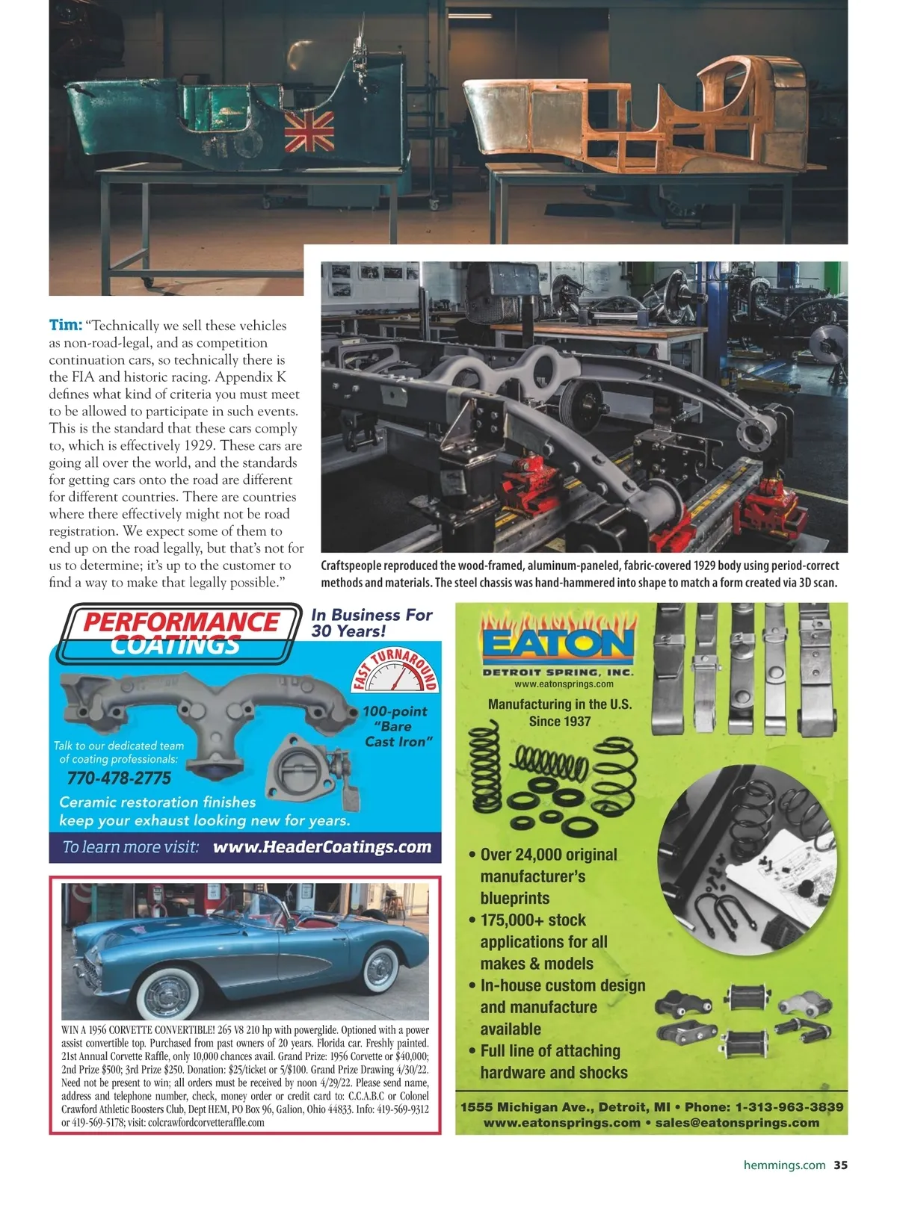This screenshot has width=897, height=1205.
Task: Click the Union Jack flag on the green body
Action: (x=309, y=131)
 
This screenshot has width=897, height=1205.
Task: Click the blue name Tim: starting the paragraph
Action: (x=65, y=325)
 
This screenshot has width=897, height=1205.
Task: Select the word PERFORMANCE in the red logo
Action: (x=181, y=622)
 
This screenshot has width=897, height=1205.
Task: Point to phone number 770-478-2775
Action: (x=119, y=778)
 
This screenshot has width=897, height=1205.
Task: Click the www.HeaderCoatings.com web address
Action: (x=322, y=847)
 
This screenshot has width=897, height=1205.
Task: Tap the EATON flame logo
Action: (x=558, y=643)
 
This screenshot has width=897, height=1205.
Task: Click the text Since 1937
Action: (x=559, y=722)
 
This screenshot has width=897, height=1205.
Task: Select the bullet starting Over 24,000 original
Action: (x=549, y=855)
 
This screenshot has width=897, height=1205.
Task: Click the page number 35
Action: (x=841, y=1165)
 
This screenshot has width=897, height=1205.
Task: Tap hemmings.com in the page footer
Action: (x=784, y=1165)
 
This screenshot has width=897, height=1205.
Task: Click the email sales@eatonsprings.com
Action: (x=737, y=1123)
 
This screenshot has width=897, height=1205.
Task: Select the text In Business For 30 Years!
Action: (x=372, y=622)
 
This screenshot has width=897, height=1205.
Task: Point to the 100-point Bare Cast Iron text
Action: (x=397, y=726)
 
